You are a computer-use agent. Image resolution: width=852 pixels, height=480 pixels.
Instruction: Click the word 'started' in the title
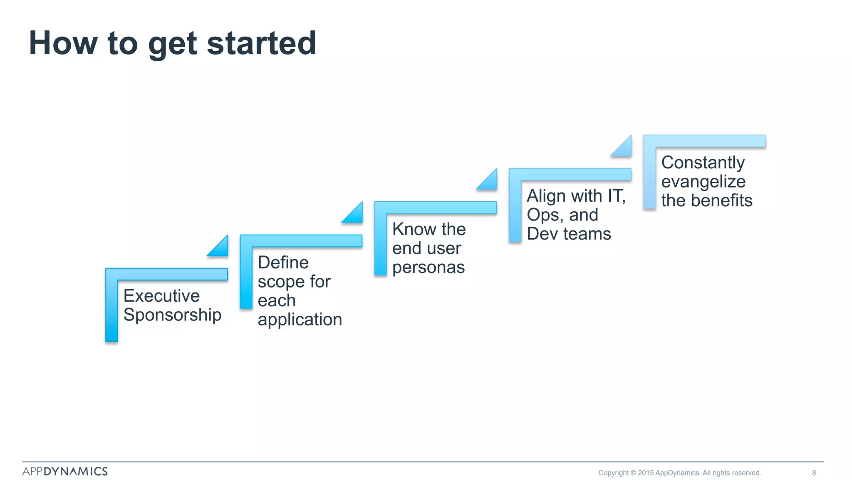click(261, 43)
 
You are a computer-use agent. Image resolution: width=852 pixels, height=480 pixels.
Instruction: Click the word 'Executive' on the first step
click(161, 296)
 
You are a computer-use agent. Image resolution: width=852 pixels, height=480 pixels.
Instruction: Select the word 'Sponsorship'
click(172, 315)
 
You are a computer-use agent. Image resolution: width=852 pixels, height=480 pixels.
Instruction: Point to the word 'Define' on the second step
click(283, 262)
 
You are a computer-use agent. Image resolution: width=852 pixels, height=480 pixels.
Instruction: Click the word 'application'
click(300, 320)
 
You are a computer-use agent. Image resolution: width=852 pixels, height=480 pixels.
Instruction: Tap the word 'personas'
click(428, 267)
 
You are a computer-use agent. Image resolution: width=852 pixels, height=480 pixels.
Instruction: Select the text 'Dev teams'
click(569, 234)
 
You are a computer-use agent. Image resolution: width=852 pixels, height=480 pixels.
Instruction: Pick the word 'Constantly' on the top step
click(703, 162)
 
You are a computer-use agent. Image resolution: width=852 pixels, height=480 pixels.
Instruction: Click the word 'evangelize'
click(703, 182)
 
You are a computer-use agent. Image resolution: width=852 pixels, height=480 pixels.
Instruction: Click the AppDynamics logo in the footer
click(65, 471)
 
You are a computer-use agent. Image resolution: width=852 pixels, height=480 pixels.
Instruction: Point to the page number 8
click(814, 472)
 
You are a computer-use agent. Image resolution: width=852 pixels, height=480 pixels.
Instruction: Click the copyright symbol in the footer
click(633, 472)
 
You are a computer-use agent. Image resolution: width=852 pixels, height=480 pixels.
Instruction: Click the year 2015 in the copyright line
click(646, 472)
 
